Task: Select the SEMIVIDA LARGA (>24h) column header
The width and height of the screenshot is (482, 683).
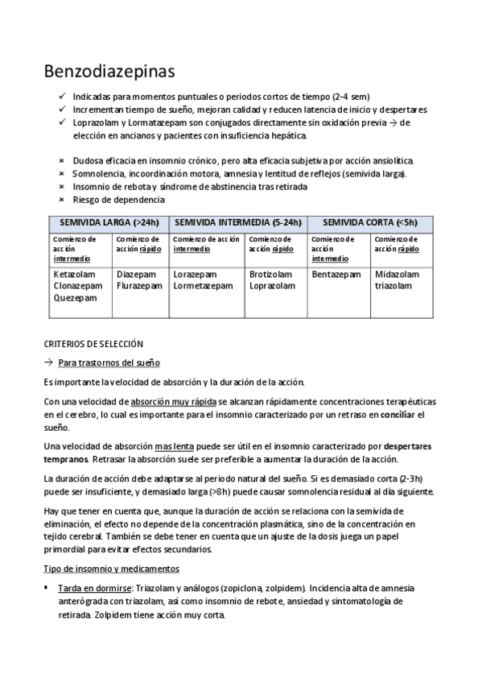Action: tap(106, 222)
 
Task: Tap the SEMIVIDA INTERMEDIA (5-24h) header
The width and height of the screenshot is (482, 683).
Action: tap(237, 222)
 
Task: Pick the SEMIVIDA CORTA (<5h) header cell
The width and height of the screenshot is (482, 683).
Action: tap(370, 222)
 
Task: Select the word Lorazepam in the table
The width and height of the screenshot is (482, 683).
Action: tap(195, 275)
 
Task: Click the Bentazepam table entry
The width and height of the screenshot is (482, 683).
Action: tap(336, 275)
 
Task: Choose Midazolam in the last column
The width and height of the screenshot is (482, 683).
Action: tap(398, 275)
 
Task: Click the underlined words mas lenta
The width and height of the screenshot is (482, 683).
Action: tap(176, 445)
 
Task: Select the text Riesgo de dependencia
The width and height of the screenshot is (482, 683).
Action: tap(118, 199)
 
